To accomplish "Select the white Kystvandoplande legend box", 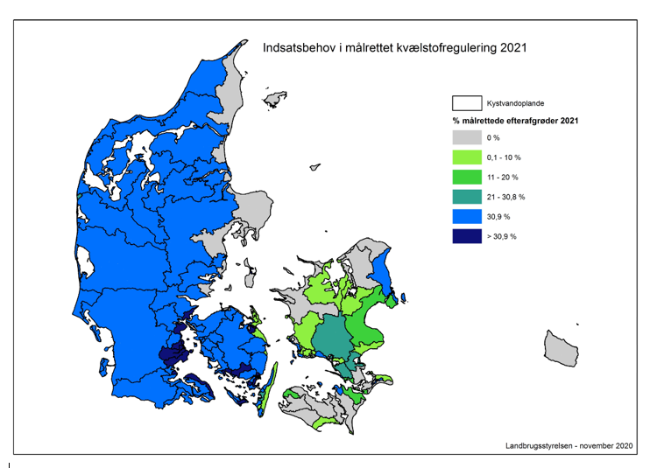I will click(x=467, y=102).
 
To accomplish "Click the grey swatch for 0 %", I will click(x=467, y=137).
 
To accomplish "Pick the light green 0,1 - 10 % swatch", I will click(x=467, y=157).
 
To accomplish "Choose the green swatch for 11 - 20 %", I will click(x=467, y=177).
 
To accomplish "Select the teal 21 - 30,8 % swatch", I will click(x=467, y=197).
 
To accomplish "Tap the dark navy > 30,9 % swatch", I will click(x=467, y=236).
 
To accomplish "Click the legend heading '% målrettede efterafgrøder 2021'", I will click(x=513, y=119).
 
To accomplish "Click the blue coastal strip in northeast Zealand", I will click(x=382, y=270).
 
